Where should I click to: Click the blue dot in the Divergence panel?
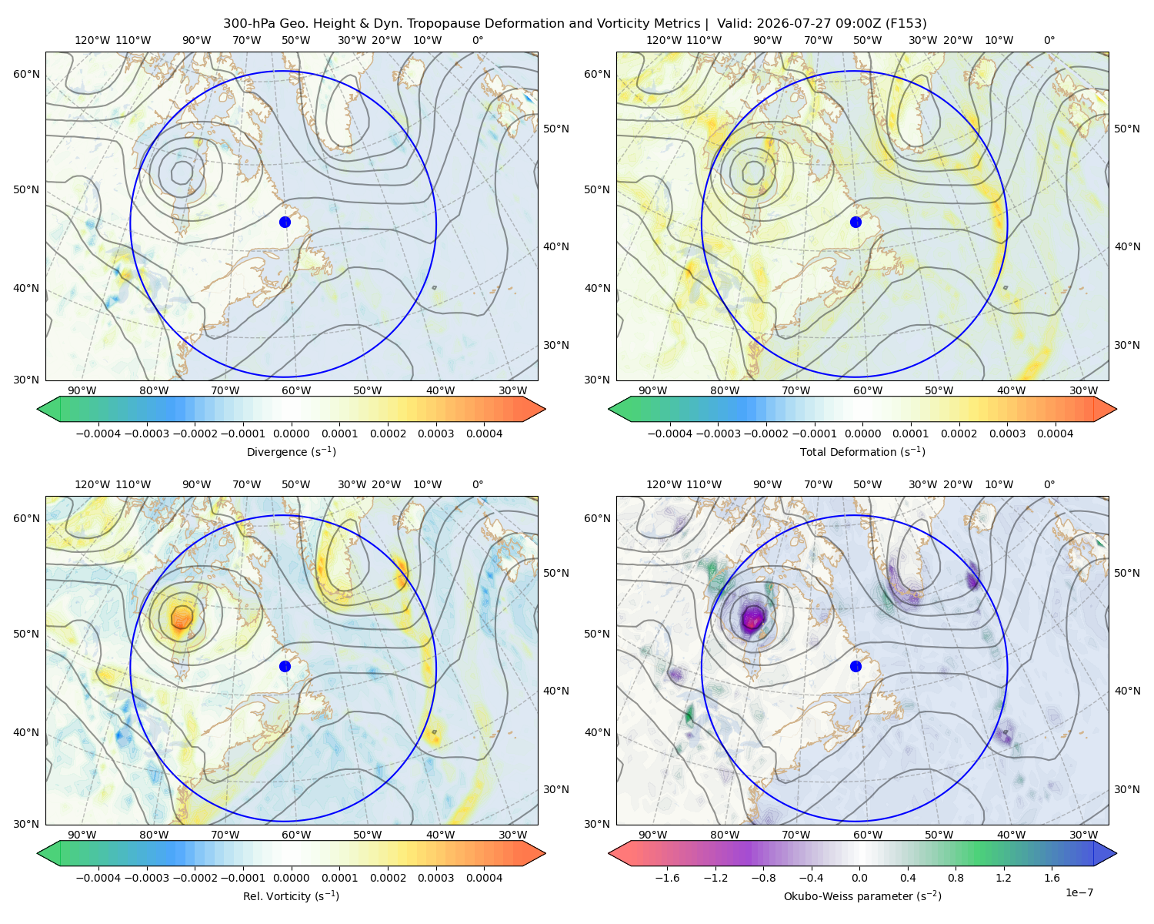pyautogui.click(x=285, y=222)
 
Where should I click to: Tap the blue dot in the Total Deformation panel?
pyautogui.click(x=855, y=222)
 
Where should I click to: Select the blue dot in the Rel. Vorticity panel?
pyautogui.click(x=285, y=666)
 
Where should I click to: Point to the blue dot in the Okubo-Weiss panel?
pyautogui.click(x=855, y=666)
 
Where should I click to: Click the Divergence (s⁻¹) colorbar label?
pyautogui.click(x=291, y=451)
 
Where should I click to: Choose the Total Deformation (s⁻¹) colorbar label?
pyautogui.click(x=862, y=451)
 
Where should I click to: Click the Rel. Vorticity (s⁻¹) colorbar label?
pyautogui.click(x=291, y=896)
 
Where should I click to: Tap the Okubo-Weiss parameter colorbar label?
pyautogui.click(x=862, y=896)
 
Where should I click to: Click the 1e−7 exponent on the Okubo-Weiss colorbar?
pyautogui.click(x=1079, y=892)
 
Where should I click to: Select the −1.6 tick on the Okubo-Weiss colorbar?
pyautogui.click(x=668, y=878)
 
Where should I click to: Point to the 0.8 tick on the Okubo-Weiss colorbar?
pyautogui.click(x=956, y=878)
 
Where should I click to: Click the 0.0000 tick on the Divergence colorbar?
pyautogui.click(x=291, y=434)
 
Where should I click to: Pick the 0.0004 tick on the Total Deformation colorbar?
pyautogui.click(x=1055, y=434)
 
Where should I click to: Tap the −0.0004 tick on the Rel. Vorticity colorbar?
pyautogui.click(x=98, y=878)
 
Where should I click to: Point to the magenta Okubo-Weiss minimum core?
pyautogui.click(x=752, y=619)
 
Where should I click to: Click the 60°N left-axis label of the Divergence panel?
pyautogui.click(x=26, y=74)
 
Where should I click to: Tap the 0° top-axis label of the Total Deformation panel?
pyautogui.click(x=1049, y=40)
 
